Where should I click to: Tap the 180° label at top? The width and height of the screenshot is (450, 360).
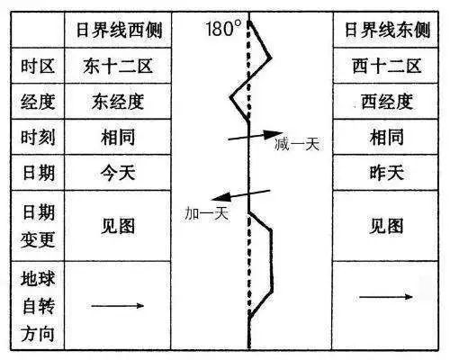coord(223,27)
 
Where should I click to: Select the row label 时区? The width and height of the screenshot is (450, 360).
coord(38,67)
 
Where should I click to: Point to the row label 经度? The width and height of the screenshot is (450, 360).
coord(38,102)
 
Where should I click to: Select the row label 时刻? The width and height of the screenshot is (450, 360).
coord(38,137)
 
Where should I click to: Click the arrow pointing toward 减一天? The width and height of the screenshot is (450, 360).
coord(256,135)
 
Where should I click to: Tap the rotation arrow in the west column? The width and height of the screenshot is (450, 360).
coord(117,305)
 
